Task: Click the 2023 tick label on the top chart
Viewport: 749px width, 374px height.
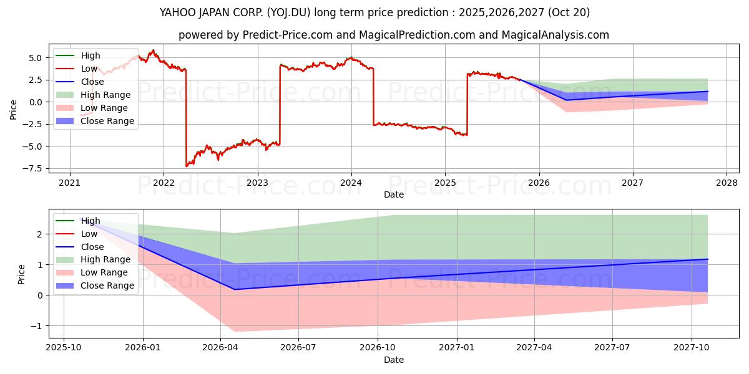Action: click(x=257, y=183)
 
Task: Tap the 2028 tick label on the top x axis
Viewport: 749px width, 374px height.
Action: click(x=727, y=183)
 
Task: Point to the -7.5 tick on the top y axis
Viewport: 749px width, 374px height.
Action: click(x=35, y=168)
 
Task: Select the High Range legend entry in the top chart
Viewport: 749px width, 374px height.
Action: click(x=105, y=95)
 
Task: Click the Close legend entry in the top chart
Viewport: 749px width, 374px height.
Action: click(x=92, y=82)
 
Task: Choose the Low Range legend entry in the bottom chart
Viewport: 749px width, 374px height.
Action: click(x=104, y=272)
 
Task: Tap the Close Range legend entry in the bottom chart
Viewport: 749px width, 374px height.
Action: click(x=107, y=285)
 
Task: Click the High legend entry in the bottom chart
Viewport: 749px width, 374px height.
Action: click(x=91, y=221)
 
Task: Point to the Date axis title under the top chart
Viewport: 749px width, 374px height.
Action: click(x=393, y=194)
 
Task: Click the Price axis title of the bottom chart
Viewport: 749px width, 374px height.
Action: click(x=22, y=274)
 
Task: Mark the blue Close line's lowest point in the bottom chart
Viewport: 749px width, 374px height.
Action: click(x=235, y=289)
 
